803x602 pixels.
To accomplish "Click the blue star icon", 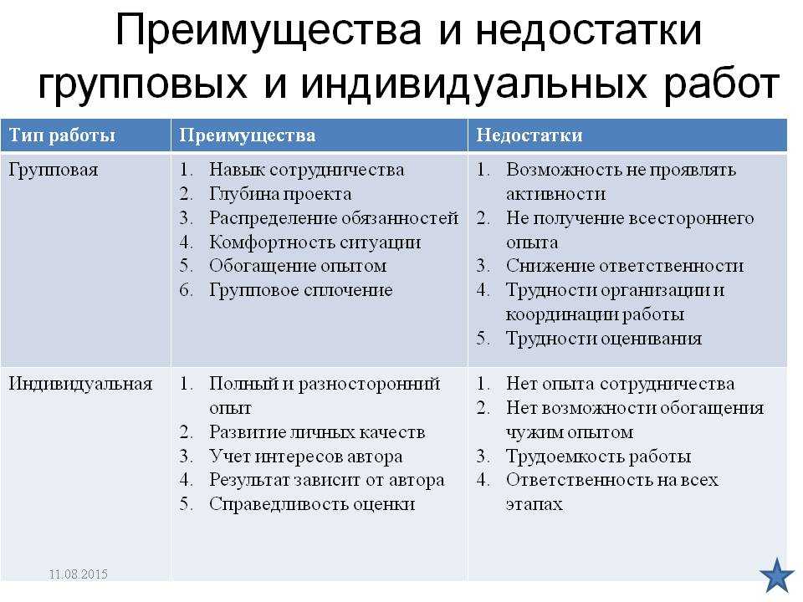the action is click(777, 576).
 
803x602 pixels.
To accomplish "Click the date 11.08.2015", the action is click(79, 574).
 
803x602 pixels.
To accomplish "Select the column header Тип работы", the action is click(62, 135).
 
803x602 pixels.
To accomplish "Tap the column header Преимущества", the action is click(248, 135).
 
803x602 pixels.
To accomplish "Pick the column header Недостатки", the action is click(529, 135).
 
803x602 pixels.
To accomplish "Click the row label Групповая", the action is click(54, 170).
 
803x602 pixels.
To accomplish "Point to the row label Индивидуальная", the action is click(80, 384).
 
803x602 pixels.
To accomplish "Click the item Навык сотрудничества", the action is click(306, 170).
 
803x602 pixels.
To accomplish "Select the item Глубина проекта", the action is click(280, 194).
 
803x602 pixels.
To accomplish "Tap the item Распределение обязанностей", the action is click(334, 218).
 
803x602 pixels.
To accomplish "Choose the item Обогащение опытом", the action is click(298, 266).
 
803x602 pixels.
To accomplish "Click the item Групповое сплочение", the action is click(300, 290).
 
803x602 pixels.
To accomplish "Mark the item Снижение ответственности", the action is click(625, 266).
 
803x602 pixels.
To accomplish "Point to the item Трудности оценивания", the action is click(604, 339).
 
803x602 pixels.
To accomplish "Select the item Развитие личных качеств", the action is click(317, 432).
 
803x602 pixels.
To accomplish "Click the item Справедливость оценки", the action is click(312, 504).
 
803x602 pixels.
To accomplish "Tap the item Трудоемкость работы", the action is click(598, 457).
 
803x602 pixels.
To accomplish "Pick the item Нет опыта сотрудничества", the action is click(620, 384).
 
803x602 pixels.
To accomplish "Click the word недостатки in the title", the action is click(588, 31).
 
